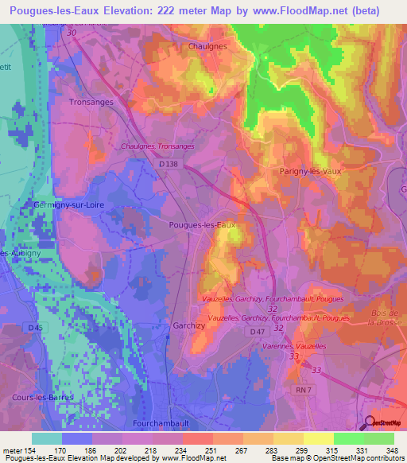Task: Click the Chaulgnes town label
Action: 207,46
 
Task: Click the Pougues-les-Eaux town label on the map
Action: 203,225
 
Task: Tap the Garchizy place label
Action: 189,326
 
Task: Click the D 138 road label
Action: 165,161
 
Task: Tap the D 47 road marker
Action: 257,331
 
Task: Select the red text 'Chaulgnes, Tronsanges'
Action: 157,146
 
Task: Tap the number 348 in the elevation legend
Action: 390,450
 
